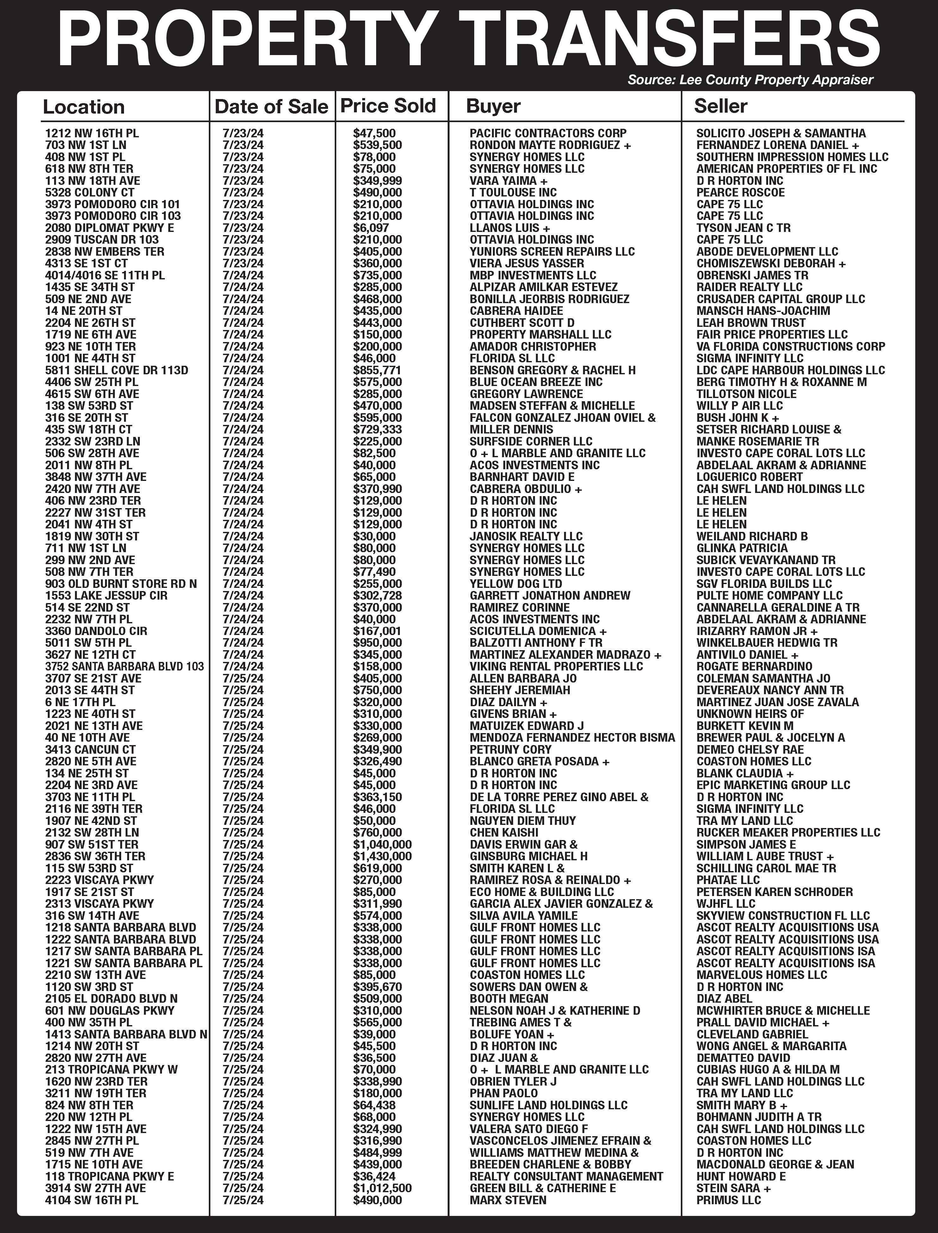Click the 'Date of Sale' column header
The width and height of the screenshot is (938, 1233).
271,107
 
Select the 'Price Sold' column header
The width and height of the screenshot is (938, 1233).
388,106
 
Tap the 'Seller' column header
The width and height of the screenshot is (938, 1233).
720,106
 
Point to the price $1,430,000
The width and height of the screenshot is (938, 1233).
382,856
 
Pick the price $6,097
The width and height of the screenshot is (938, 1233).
371,228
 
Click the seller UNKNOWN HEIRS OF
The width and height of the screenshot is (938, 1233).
750,714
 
